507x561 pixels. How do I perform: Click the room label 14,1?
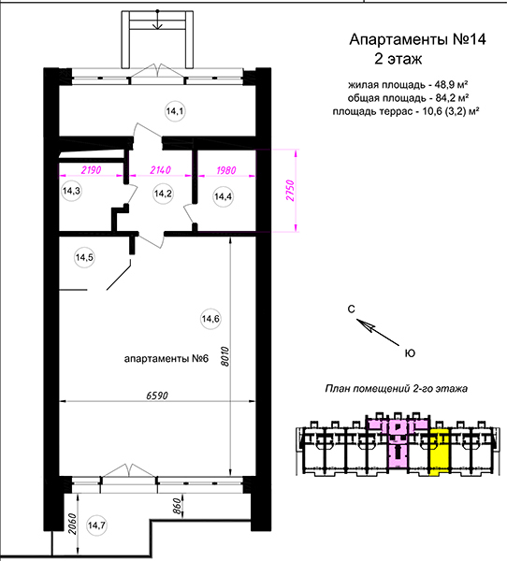(175, 111)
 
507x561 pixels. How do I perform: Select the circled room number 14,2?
(163, 194)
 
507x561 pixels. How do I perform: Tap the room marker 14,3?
(71, 191)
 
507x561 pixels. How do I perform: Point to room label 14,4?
(223, 196)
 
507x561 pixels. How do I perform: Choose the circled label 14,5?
(84, 257)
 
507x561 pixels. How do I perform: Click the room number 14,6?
(210, 319)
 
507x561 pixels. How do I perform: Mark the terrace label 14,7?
(96, 525)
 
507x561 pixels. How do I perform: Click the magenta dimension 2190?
(92, 170)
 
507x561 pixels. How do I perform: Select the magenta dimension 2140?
(160, 170)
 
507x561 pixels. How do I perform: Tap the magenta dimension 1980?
(226, 170)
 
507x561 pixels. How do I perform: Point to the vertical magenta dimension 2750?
(290, 191)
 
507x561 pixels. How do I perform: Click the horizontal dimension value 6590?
(157, 396)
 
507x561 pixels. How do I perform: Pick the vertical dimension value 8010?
(225, 356)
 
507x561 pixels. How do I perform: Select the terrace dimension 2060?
(72, 525)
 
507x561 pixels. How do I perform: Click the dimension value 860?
(177, 506)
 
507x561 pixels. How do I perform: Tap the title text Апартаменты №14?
(417, 39)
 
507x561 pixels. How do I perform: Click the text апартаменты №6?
(167, 358)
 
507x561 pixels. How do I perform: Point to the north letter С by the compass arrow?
(351, 309)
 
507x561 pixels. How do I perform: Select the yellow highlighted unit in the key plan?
(439, 452)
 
